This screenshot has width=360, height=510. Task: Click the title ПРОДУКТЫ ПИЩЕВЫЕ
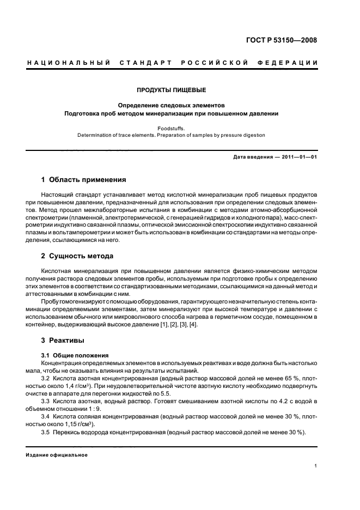click(171, 89)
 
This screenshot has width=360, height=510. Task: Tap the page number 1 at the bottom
click(316, 466)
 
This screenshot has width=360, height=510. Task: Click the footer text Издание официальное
click(57, 455)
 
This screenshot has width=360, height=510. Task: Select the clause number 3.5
click(46, 432)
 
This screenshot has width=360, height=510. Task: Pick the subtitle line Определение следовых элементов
click(171, 105)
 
